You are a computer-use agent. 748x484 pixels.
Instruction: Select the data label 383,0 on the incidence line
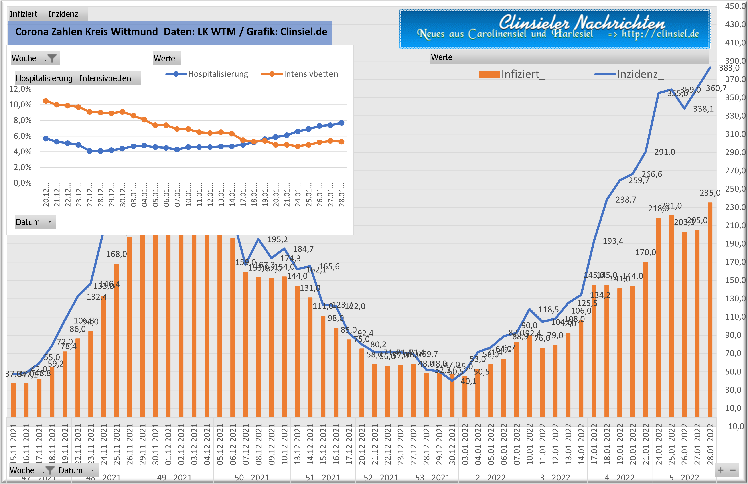click(729, 68)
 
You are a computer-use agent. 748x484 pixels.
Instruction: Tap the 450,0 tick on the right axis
click(735, 6)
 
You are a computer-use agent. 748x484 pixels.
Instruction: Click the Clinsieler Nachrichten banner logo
click(554, 29)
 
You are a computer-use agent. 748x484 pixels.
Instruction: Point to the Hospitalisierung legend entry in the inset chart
click(218, 74)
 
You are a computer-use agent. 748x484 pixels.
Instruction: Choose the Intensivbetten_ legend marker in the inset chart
click(272, 74)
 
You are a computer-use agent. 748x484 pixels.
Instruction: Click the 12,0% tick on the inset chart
click(20, 89)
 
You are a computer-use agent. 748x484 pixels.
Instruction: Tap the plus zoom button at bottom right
click(721, 470)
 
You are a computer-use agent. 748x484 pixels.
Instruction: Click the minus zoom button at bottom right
click(733, 470)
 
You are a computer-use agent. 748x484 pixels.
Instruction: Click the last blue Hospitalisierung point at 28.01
click(342, 123)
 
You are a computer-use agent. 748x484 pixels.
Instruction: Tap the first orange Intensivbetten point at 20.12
click(46, 101)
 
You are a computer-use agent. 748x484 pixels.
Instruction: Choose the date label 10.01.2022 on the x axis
click(530, 444)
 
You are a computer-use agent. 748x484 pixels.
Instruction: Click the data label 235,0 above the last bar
click(710, 193)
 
